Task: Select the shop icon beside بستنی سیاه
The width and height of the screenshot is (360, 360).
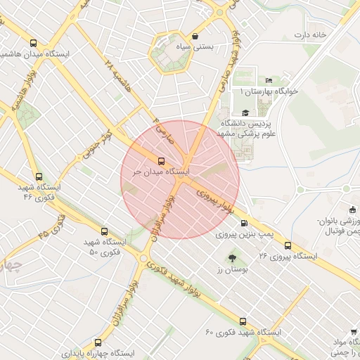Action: pos(194,37)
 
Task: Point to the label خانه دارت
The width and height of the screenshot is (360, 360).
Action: pos(310,34)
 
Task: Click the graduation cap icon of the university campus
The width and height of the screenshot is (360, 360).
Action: pos(245,112)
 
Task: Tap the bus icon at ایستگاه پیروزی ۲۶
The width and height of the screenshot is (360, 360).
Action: pos(288,245)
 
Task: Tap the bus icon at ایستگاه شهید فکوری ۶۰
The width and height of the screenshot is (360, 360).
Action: pos(243,321)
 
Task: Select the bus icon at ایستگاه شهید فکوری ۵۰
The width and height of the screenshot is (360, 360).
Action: pos(105,231)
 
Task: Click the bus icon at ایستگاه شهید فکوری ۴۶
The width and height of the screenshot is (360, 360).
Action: pos(38,177)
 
